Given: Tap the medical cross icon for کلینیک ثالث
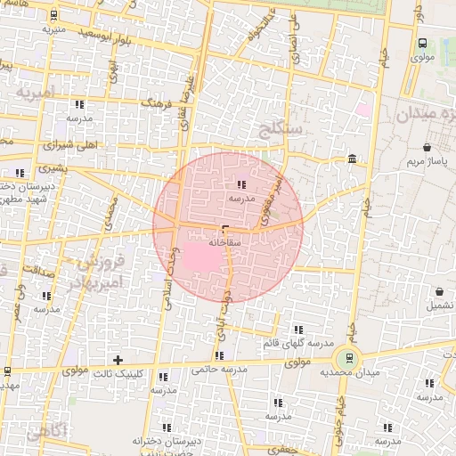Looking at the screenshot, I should point(117,360).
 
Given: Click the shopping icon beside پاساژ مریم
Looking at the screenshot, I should point(427,147).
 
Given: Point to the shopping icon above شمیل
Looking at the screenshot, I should point(440,290).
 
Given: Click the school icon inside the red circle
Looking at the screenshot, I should point(241,184).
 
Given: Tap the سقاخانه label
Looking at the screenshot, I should point(224,241).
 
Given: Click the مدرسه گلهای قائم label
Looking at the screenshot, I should point(297,343).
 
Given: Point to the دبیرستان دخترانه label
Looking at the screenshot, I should point(163,442).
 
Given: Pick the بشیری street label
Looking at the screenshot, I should point(50,167).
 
